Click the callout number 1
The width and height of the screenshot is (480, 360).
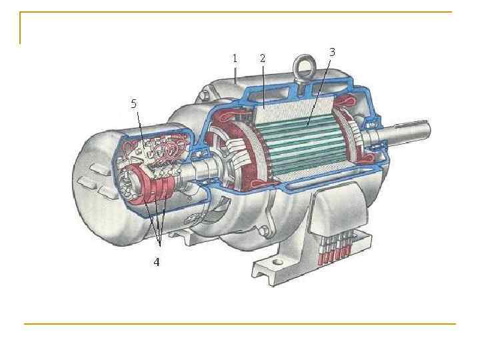pos(235,58)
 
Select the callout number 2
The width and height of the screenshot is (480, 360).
pos(263,58)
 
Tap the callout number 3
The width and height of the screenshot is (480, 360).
pos(332,53)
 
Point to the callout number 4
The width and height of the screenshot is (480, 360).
pos(157,262)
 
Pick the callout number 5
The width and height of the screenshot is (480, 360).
pos(134,104)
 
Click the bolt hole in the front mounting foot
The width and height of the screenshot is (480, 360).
pos(277,262)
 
